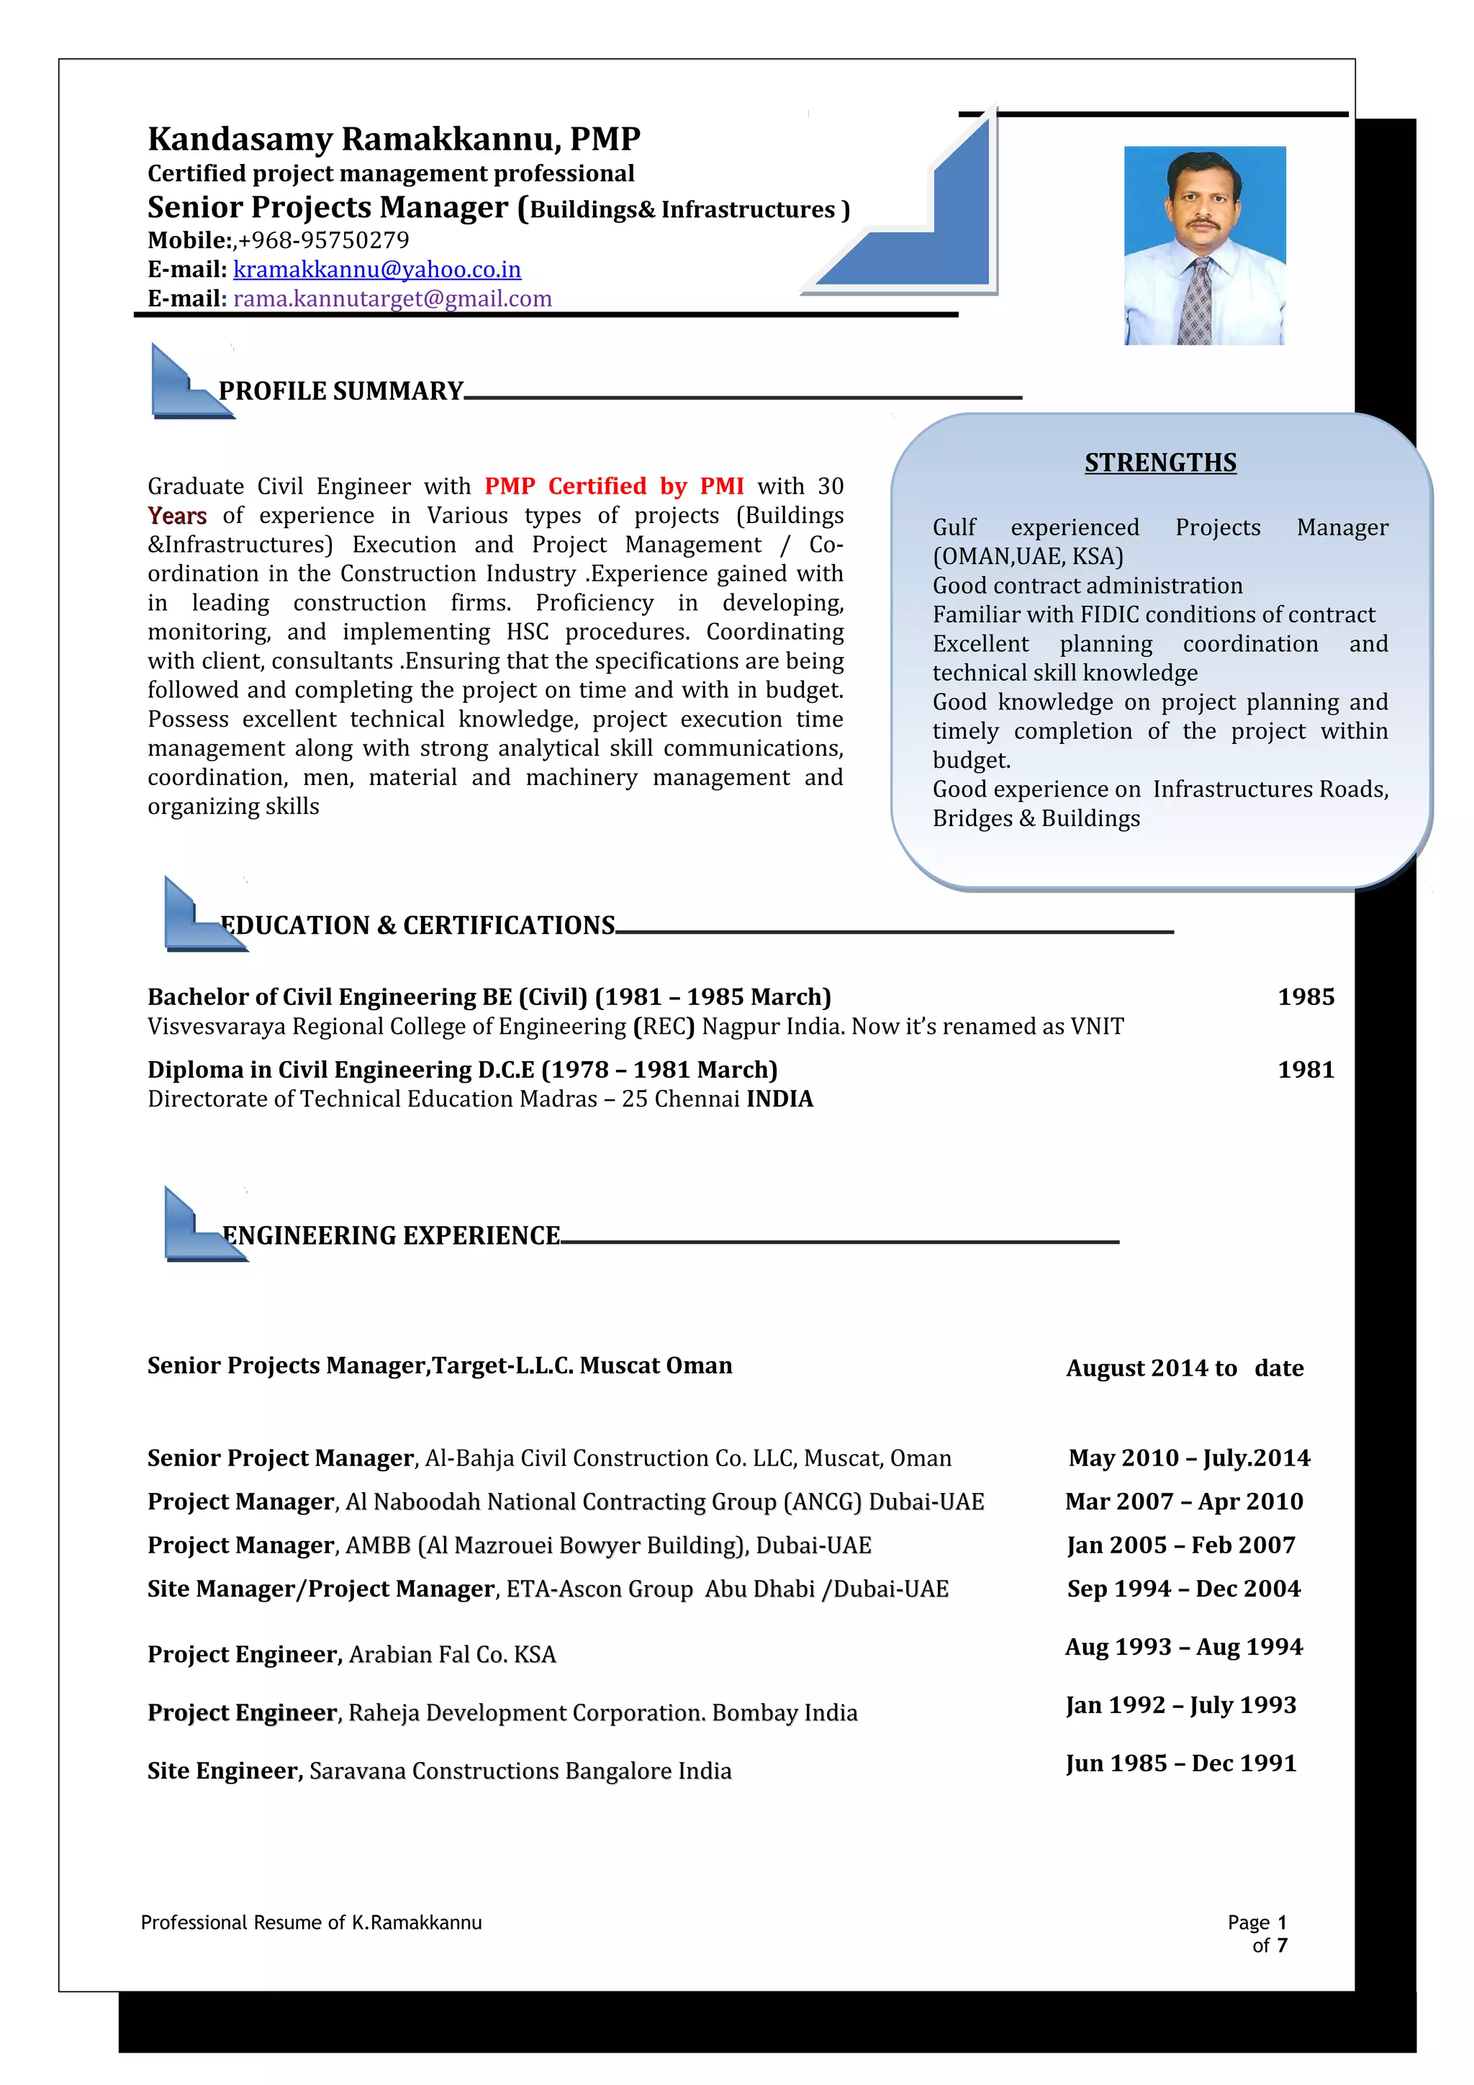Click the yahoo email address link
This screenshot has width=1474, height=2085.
[377, 270]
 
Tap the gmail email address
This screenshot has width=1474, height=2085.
[392, 299]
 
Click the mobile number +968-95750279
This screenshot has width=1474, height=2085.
[323, 240]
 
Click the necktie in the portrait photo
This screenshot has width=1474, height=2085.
[1199, 300]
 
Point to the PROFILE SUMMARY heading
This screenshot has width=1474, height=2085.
[340, 391]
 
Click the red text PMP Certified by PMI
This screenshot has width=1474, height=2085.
[614, 487]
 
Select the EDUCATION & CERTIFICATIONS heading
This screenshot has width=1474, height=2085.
[417, 925]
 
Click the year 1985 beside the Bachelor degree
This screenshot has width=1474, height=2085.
[1305, 997]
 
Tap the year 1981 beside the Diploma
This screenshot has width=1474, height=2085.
[1305, 1070]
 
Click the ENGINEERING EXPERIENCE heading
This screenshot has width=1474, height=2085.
[392, 1236]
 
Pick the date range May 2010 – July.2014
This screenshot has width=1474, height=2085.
[1189, 1458]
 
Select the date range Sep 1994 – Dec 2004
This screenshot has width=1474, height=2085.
[1183, 1589]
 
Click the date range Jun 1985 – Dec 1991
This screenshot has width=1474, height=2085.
[1180, 1763]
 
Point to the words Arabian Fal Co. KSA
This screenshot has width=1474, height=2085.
[452, 1655]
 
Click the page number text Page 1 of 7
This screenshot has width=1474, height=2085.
[1259, 1933]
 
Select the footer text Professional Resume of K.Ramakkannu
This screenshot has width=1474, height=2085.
[312, 1922]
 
